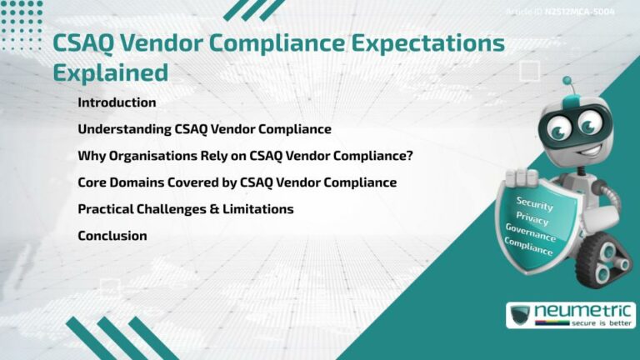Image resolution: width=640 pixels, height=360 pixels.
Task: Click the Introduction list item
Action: [x=117, y=102]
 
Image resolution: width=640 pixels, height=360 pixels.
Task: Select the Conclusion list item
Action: [x=112, y=236]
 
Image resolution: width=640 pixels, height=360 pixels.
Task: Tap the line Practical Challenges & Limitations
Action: [x=185, y=209]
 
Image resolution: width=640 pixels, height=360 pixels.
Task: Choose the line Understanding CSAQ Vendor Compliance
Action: [x=204, y=129]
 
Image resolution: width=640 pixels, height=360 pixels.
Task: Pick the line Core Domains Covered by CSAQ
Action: [x=237, y=182]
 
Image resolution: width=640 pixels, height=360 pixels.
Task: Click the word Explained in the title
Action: [x=110, y=72]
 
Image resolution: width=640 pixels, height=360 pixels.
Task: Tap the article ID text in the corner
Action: [x=572, y=12]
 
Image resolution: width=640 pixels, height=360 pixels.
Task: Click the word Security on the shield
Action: [x=534, y=202]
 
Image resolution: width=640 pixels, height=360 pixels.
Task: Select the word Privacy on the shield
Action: [x=532, y=219]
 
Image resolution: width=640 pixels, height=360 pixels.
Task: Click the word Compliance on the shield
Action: [x=529, y=247]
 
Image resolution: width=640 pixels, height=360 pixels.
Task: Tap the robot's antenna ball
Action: [x=567, y=82]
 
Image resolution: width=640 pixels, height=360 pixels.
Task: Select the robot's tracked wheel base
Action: [x=607, y=258]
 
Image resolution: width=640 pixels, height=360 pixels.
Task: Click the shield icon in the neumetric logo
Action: [x=522, y=316]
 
